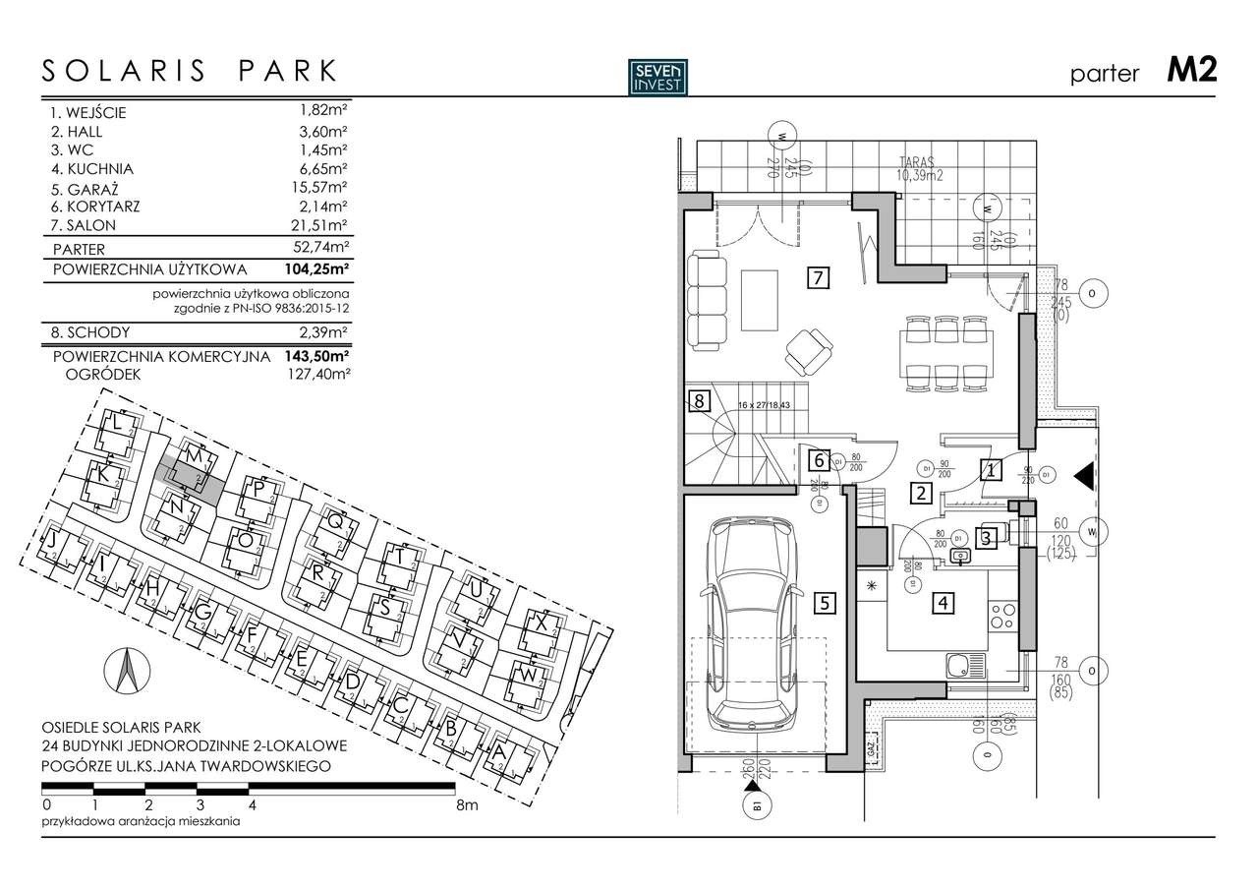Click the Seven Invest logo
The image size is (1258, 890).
(658, 76)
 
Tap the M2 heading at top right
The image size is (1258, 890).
(1191, 71)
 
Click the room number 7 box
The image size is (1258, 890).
(816, 276)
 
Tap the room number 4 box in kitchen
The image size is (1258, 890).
(943, 603)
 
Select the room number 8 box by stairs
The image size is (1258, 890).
(699, 400)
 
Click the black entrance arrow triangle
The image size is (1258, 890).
(1085, 476)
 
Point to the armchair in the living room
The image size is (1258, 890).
(809, 351)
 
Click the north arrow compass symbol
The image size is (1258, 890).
(125, 673)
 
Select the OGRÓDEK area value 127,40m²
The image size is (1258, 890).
(317, 374)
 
